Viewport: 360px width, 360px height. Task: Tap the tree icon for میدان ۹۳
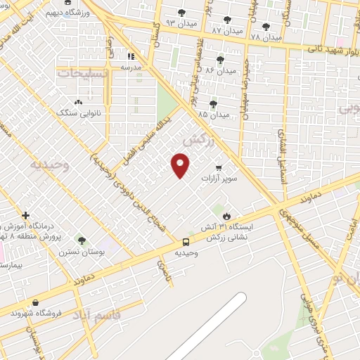(x=181, y=13)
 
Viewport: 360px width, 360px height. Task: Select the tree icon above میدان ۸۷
(x=227, y=20)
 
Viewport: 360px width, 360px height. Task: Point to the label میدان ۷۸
(x=265, y=37)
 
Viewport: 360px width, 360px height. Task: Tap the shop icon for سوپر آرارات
(x=219, y=168)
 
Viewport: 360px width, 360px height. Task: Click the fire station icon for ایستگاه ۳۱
(x=226, y=217)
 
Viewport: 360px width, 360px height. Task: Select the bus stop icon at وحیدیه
(x=186, y=241)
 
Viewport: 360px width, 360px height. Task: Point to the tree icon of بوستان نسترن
(x=82, y=240)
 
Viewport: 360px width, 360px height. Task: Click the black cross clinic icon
(x=25, y=215)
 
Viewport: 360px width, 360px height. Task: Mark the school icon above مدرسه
(x=129, y=56)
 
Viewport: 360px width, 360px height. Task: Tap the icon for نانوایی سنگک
(x=77, y=102)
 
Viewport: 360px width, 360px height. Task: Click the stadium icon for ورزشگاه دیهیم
(x=67, y=3)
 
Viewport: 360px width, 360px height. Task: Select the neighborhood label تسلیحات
(x=81, y=73)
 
